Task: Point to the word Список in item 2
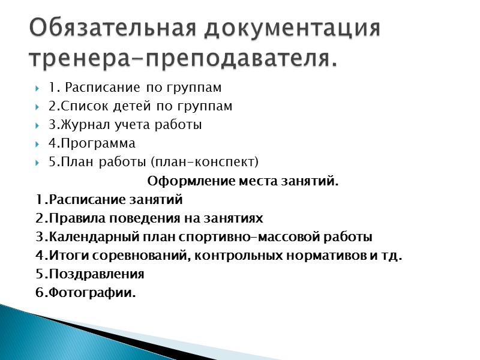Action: tap(79, 107)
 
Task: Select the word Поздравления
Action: tap(96, 274)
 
